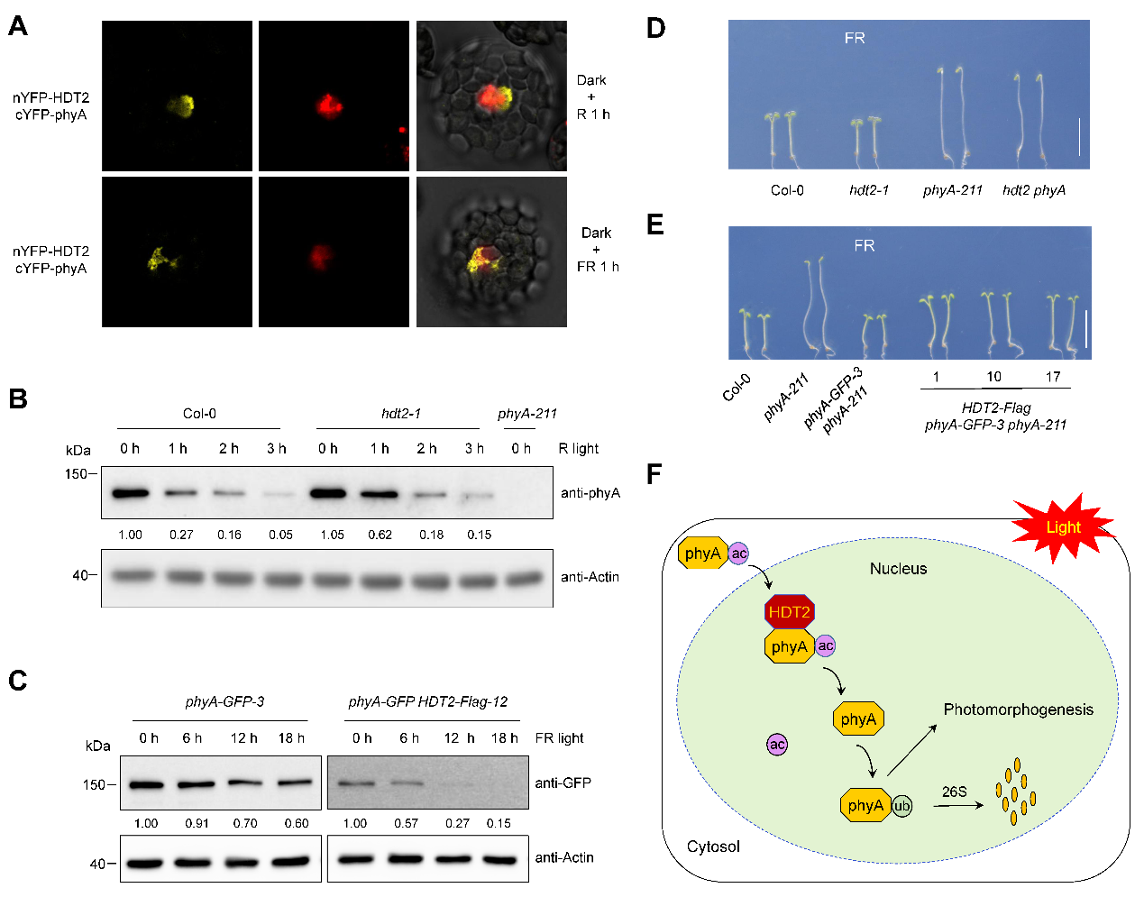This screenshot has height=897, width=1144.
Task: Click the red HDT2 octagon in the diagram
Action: click(790, 612)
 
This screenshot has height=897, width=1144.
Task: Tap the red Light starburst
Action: click(1063, 527)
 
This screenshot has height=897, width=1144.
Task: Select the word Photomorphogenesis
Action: click(1018, 709)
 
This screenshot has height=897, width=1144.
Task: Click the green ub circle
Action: click(901, 806)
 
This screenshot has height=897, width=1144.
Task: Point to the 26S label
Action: click(954, 792)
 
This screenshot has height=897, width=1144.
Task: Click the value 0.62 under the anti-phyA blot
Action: click(380, 535)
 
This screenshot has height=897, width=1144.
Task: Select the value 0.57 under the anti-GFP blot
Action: click(406, 823)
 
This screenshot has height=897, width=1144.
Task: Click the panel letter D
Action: click(655, 29)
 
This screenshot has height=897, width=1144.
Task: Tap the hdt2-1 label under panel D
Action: click(869, 190)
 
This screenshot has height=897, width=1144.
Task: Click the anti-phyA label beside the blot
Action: click(590, 493)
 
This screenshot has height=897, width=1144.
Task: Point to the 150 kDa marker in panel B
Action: click(76, 473)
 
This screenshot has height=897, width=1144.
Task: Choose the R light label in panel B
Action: click(578, 449)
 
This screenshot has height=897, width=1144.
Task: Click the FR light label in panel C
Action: click(559, 738)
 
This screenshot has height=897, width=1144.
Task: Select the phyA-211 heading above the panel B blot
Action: click(526, 414)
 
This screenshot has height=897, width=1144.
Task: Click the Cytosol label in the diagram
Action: click(713, 847)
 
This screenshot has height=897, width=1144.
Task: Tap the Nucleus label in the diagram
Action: click(898, 569)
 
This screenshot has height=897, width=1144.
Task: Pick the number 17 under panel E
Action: click(1052, 377)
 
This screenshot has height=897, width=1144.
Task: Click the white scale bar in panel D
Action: click(1078, 136)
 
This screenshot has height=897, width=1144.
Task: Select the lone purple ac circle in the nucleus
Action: click(777, 745)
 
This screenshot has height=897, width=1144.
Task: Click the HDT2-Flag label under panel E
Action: click(995, 407)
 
